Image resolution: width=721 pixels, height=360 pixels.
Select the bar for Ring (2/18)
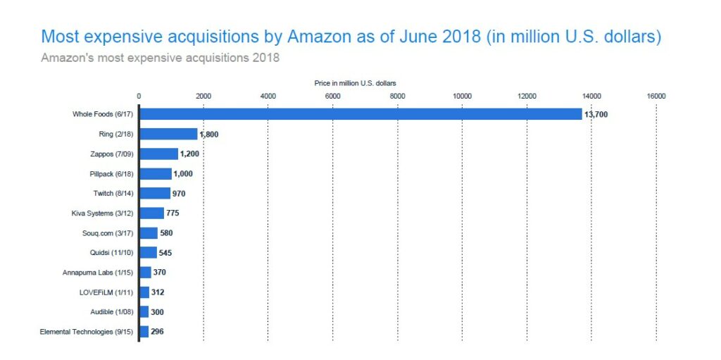click(168, 134)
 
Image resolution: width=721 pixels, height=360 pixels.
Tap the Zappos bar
click(158, 154)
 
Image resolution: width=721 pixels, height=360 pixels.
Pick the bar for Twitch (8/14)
click(155, 193)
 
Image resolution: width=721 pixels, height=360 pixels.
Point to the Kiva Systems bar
click(151, 213)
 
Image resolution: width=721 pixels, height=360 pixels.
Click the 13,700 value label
click(596, 114)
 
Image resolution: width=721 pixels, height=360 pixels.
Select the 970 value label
click(179, 193)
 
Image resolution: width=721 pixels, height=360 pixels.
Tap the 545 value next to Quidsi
click(167, 252)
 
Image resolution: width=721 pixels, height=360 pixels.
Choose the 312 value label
click(158, 292)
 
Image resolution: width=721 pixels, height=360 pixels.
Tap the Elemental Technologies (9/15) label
click(87, 331)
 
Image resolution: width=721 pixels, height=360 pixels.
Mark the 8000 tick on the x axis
click(397, 96)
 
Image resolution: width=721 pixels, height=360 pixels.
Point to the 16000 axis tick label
click(656, 96)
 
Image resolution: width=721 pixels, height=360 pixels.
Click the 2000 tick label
click(203, 96)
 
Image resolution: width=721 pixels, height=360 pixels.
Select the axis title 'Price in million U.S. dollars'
click(355, 83)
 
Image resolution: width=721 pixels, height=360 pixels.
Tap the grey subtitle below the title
click(160, 57)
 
